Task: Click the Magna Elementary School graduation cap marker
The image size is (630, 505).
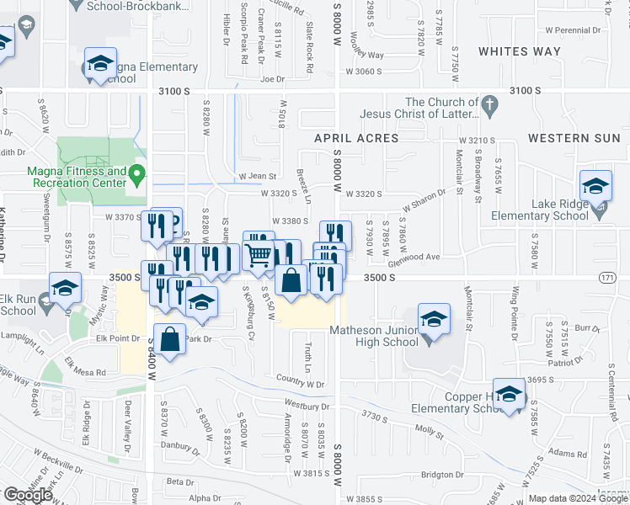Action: click(100, 65)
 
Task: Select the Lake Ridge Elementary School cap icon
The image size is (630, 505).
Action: click(595, 187)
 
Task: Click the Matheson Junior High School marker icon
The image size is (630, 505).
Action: click(434, 321)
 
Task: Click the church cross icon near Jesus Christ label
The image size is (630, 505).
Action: click(489, 107)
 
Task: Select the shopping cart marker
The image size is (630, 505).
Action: click(259, 251)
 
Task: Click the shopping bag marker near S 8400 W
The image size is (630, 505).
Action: click(169, 340)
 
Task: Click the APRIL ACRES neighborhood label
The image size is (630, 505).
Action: click(356, 137)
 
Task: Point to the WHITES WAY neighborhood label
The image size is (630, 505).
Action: click(519, 51)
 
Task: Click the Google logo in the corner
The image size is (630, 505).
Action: click(28, 495)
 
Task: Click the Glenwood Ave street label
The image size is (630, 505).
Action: click(421, 257)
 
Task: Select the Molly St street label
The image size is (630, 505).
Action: click(428, 430)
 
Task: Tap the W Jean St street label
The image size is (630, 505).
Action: click(258, 176)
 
